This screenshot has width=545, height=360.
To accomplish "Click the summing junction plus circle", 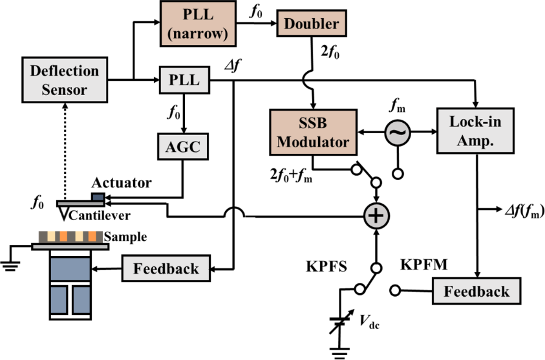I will click(x=377, y=215).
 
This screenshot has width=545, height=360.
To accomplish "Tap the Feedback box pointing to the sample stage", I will click(x=168, y=268).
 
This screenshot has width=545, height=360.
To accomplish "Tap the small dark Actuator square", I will click(x=98, y=196).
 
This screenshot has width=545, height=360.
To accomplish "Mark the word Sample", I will click(x=125, y=237).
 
